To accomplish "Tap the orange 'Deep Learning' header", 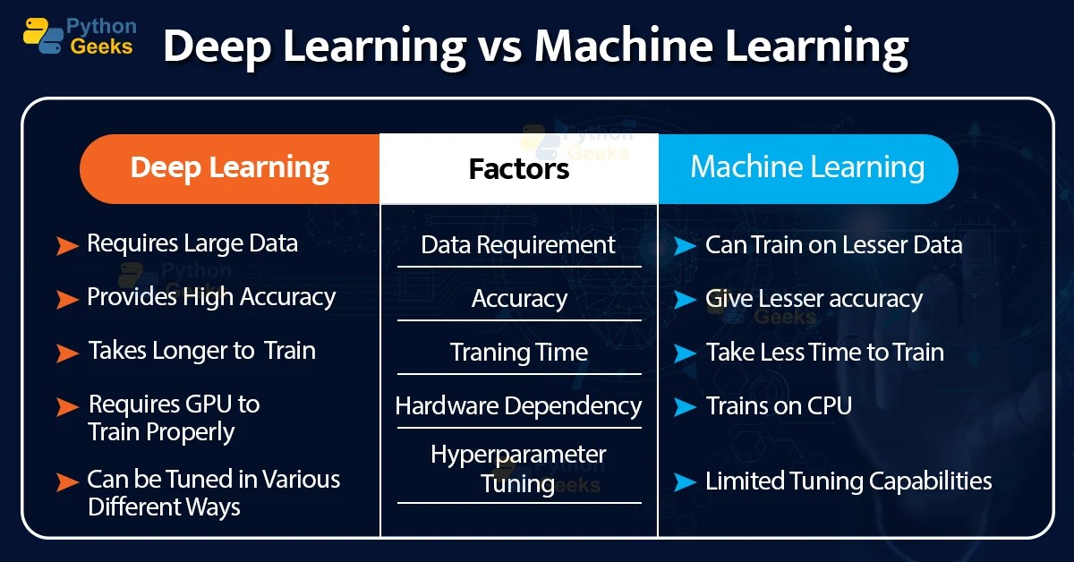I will tap(229, 167).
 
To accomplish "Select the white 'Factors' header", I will tap(519, 168).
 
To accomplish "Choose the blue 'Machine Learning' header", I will tap(807, 167).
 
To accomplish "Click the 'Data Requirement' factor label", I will tap(518, 244).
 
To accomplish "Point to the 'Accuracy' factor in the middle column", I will tap(519, 298).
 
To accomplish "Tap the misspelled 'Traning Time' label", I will tap(519, 352).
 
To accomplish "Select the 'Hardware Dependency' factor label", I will tap(519, 405).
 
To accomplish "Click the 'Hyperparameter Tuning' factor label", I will tap(519, 468).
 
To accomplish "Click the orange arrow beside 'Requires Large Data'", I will tap(67, 245).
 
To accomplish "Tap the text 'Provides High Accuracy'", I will tap(211, 297).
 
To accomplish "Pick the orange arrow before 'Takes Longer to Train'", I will tap(67, 353).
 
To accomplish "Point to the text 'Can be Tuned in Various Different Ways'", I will tap(213, 492).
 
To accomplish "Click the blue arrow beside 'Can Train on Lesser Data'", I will tap(685, 245).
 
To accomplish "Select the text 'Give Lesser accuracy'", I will tap(814, 298).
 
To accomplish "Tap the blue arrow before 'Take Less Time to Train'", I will tap(685, 353).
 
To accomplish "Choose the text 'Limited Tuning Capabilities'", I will tap(848, 481).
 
